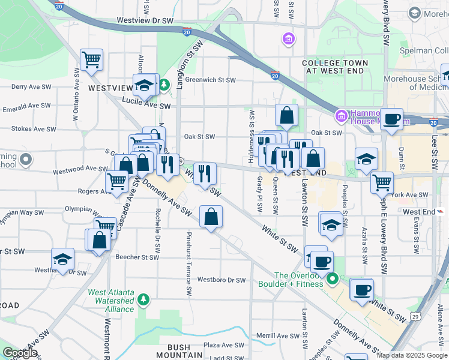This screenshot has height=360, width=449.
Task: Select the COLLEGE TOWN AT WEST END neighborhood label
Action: (336, 67)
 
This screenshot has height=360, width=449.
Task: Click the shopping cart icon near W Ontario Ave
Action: (91, 60)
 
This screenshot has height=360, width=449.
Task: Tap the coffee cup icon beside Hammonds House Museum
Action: (392, 119)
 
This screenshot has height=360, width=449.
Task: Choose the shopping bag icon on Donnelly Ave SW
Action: (211, 217)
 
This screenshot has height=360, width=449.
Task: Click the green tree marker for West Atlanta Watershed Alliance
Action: (143, 299)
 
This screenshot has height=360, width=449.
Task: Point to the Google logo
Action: (20, 353)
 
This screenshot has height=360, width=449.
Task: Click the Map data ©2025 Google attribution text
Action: (412, 355)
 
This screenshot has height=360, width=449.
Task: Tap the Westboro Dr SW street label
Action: (221, 280)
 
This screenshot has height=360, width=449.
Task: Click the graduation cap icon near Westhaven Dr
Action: (62, 259)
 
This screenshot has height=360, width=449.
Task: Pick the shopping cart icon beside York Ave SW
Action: (382, 182)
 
